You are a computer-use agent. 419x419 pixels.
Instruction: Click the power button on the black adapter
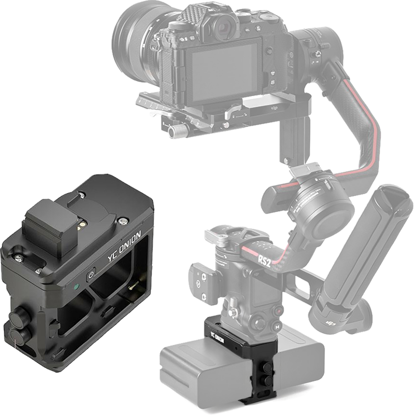coord(91,275)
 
